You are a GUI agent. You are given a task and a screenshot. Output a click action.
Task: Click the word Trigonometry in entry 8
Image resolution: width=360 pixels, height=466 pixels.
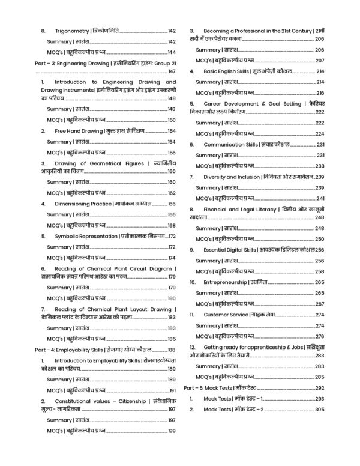(x=70, y=31)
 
